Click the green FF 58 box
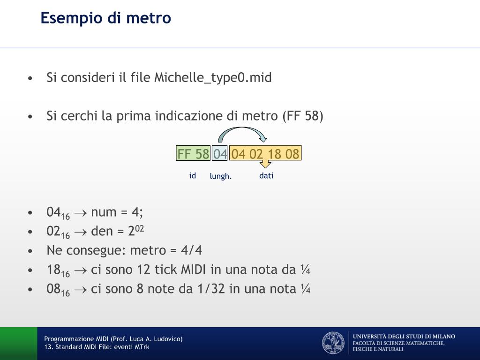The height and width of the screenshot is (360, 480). pyautogui.click(x=193, y=153)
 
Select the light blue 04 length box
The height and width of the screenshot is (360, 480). pyautogui.click(x=220, y=153)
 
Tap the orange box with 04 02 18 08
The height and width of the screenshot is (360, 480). pyautogui.click(x=265, y=153)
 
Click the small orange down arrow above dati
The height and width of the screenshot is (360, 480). pyautogui.click(x=265, y=164)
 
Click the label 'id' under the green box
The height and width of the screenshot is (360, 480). pyautogui.click(x=193, y=175)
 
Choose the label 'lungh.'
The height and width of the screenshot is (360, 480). pyautogui.click(x=221, y=176)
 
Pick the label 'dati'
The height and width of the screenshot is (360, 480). pyautogui.click(x=266, y=175)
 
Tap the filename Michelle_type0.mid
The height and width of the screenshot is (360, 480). pyautogui.click(x=213, y=77)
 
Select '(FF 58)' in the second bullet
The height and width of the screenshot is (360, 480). pyautogui.click(x=303, y=116)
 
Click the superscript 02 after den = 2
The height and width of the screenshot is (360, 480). pyautogui.click(x=140, y=229)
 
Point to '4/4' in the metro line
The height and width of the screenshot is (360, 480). pyautogui.click(x=191, y=250)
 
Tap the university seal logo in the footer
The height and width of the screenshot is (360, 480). pyautogui.click(x=333, y=343)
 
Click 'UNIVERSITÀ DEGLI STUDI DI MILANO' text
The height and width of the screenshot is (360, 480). pyautogui.click(x=404, y=337)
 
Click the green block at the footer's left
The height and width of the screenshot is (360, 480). pyautogui.click(x=19, y=344)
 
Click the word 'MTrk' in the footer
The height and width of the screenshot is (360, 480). pyautogui.click(x=142, y=347)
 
